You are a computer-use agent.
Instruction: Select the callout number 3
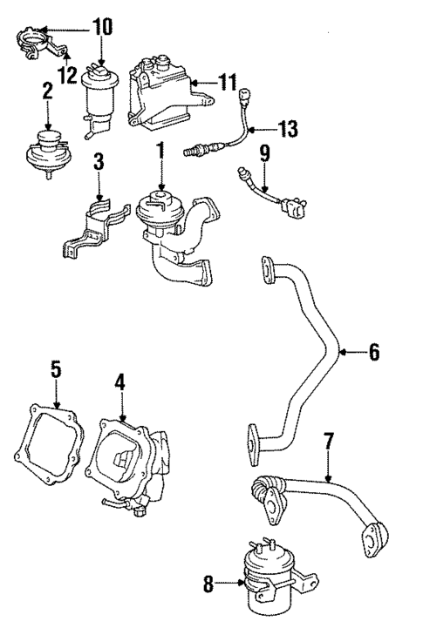(99, 163)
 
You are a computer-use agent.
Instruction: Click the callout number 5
(56, 370)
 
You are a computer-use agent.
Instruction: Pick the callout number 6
(373, 353)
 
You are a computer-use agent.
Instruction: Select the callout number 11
(228, 84)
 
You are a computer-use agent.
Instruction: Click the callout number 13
(287, 129)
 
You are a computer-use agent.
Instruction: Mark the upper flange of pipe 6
(267, 272)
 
